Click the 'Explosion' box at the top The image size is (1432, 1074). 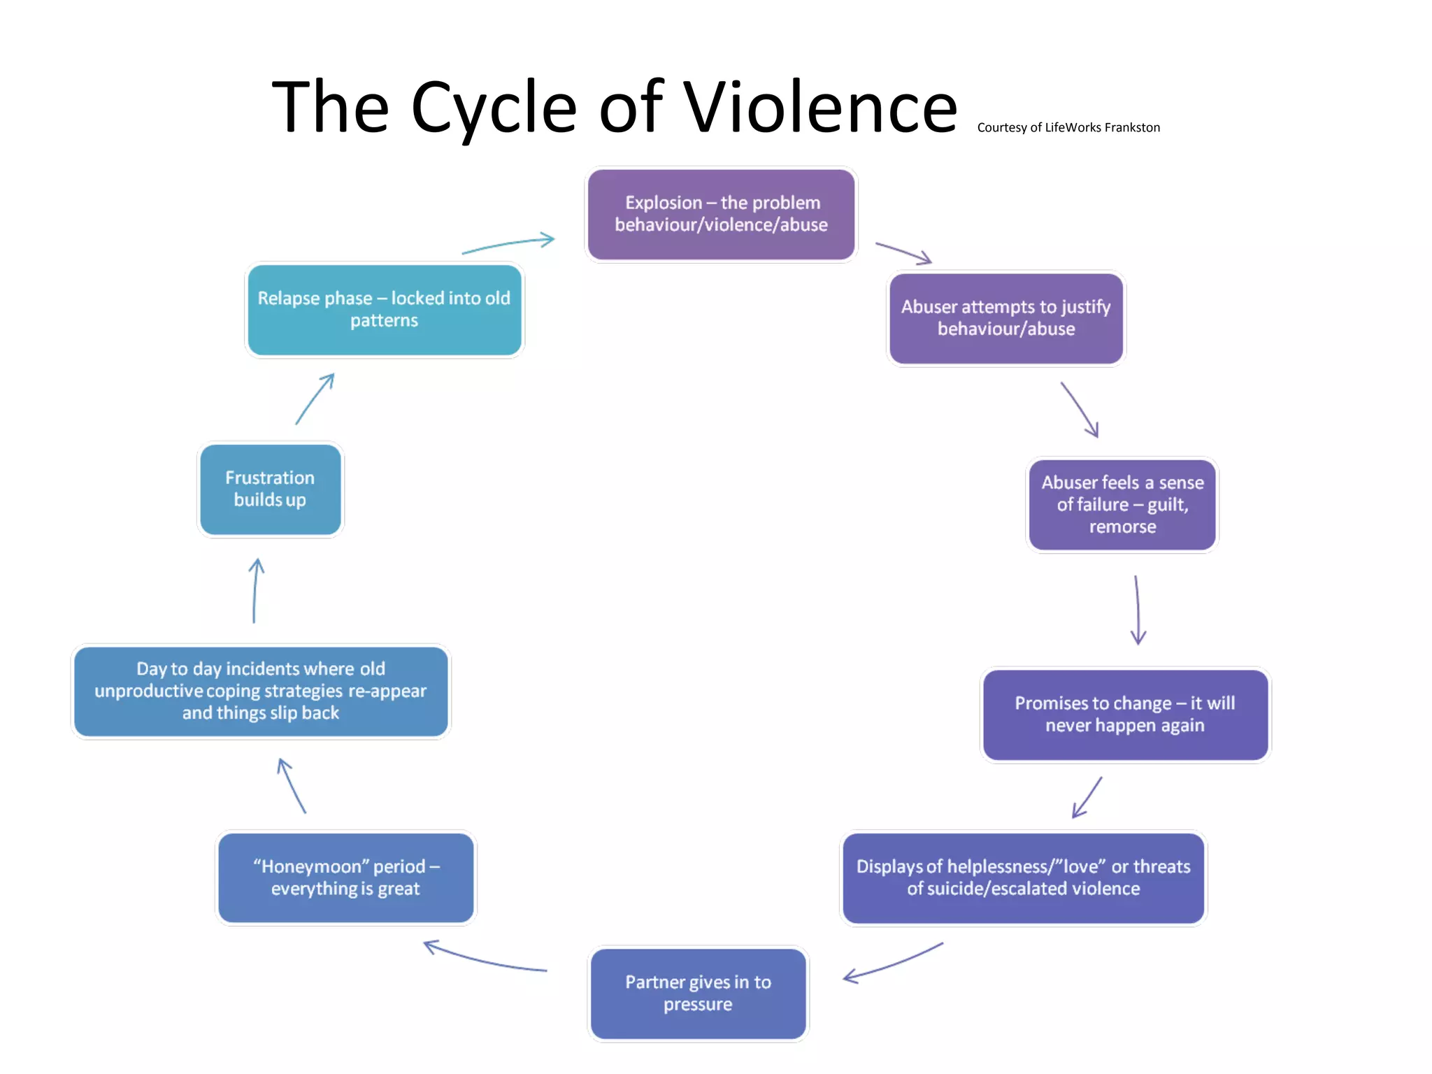click(721, 214)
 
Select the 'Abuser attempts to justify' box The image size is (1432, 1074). click(1006, 318)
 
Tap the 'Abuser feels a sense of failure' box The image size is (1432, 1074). click(1122, 504)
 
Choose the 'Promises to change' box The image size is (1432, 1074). click(1125, 715)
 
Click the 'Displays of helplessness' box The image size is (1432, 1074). click(1023, 878)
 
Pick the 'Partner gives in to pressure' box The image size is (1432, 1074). click(698, 993)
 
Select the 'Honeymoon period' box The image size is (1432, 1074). click(346, 878)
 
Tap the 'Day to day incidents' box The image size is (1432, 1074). click(261, 691)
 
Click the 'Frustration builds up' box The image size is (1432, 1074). click(270, 489)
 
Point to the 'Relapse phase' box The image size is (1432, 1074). click(384, 309)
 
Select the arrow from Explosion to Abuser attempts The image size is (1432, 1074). click(903, 253)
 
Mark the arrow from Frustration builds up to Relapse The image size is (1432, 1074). click(315, 399)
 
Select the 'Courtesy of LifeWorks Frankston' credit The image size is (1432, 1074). click(1068, 127)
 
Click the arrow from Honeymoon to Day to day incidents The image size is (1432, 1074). click(292, 786)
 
